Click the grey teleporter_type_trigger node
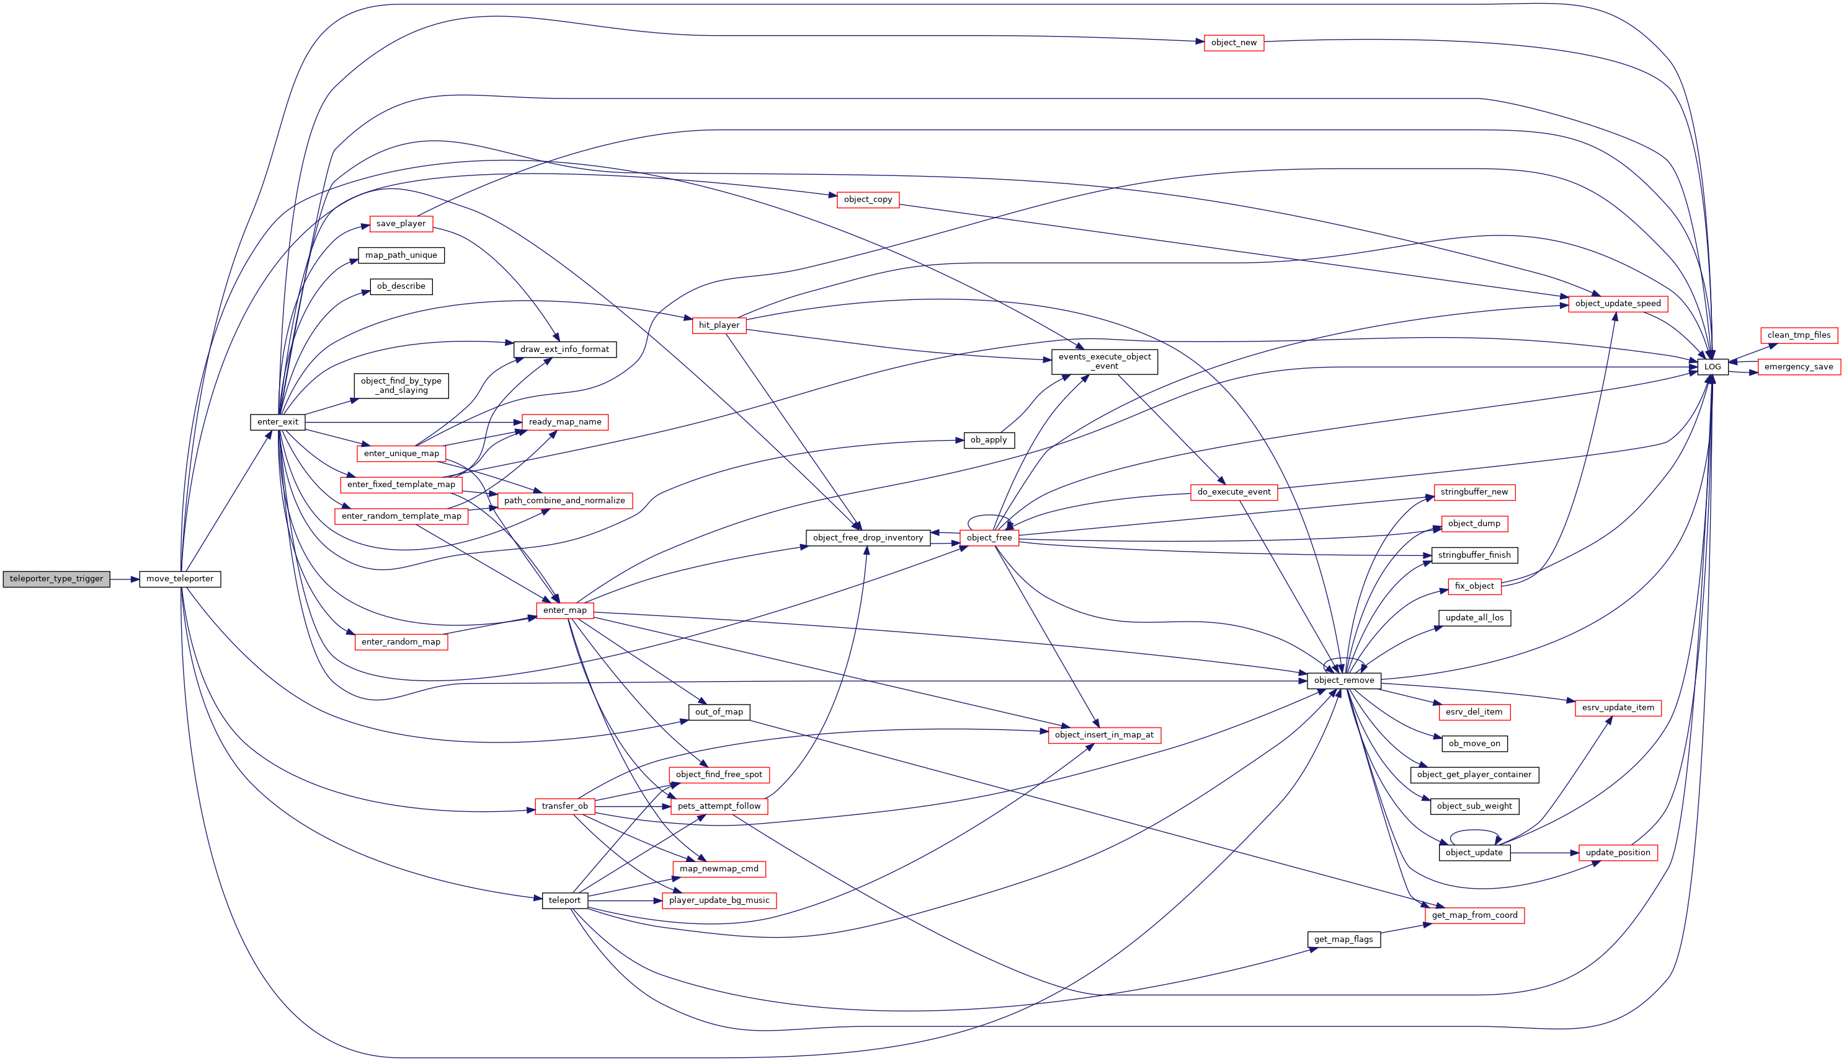(56, 579)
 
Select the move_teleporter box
(180, 579)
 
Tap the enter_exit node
(278, 422)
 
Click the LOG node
(1712, 366)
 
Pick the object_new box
(1234, 43)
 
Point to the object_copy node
(868, 200)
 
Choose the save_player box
(401, 224)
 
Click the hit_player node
(719, 325)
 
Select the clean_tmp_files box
(1799, 335)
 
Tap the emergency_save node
(1799, 366)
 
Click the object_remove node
(1344, 680)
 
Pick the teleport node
(564, 900)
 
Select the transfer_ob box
(564, 806)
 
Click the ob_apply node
(989, 440)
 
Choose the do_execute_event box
(1234, 492)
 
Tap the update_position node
(1618, 853)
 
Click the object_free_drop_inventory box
(868, 538)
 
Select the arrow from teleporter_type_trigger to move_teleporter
(125, 579)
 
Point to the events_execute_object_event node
(1104, 361)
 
